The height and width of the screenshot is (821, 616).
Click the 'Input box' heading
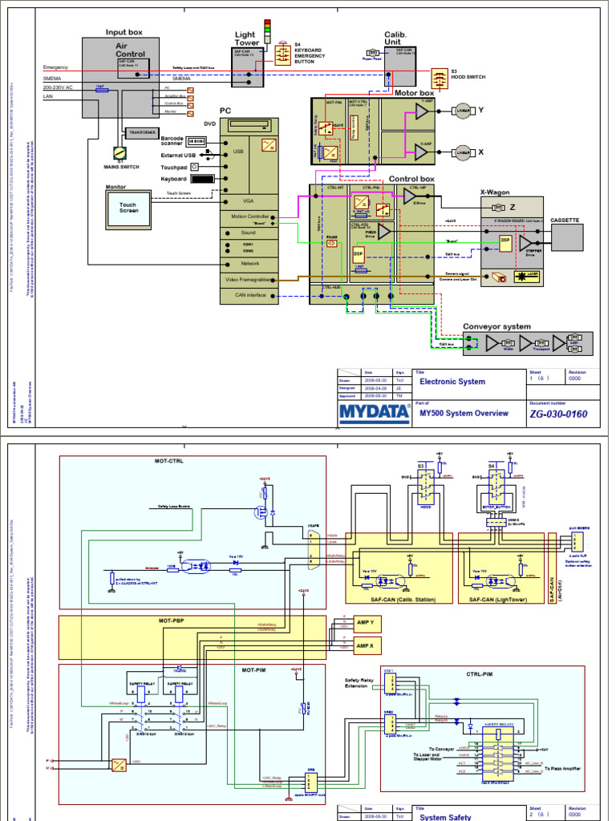pyautogui.click(x=124, y=32)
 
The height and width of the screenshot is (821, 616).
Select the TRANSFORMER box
pyautogui.click(x=141, y=133)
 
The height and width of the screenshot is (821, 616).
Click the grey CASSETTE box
pyautogui.click(x=567, y=237)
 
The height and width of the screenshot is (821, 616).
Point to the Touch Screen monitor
pyautogui.click(x=128, y=206)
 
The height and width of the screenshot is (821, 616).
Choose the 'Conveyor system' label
pyautogui.click(x=497, y=326)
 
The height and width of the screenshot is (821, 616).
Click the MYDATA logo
pyautogui.click(x=372, y=412)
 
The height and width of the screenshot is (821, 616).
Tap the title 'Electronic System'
pyautogui.click(x=452, y=382)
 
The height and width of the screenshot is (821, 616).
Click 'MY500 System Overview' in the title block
pyautogui.click(x=464, y=413)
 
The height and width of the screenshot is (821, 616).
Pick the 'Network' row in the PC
pyautogui.click(x=250, y=263)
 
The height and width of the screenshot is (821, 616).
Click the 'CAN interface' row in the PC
pyautogui.click(x=250, y=296)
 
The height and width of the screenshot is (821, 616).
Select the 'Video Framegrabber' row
pyautogui.click(x=250, y=279)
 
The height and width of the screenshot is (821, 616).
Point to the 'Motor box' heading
pyautogui.click(x=415, y=93)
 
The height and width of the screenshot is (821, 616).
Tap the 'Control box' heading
pyautogui.click(x=411, y=179)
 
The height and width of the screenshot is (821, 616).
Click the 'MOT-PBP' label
pyautogui.click(x=172, y=621)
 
